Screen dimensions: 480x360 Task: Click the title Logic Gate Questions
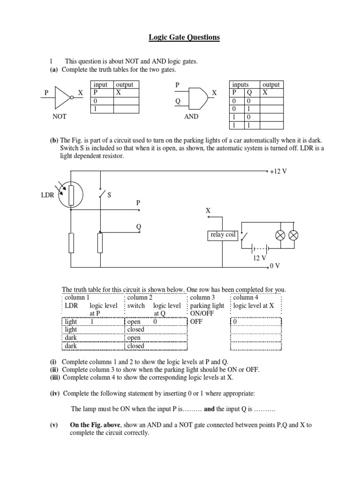click(184, 37)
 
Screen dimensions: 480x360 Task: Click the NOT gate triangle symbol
click(63, 93)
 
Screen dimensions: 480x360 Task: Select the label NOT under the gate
click(60, 117)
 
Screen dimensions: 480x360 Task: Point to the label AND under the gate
click(191, 117)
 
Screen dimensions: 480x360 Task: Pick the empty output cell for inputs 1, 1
click(271, 126)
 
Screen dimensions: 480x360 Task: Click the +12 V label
click(278, 172)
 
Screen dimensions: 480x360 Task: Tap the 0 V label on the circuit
click(275, 266)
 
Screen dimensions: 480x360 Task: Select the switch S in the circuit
click(100, 194)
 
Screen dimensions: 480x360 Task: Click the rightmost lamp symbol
click(293, 235)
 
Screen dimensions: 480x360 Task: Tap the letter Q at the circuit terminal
click(139, 226)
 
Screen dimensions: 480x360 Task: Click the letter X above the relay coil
click(208, 211)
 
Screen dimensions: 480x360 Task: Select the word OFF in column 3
click(196, 322)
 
